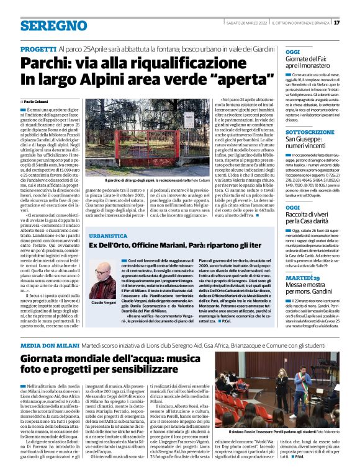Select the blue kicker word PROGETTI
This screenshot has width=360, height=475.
pyautogui.click(x=38, y=48)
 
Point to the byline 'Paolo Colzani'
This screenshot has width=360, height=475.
pyautogui.click(x=37, y=101)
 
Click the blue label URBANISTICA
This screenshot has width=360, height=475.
pyautogui.click(x=109, y=236)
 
